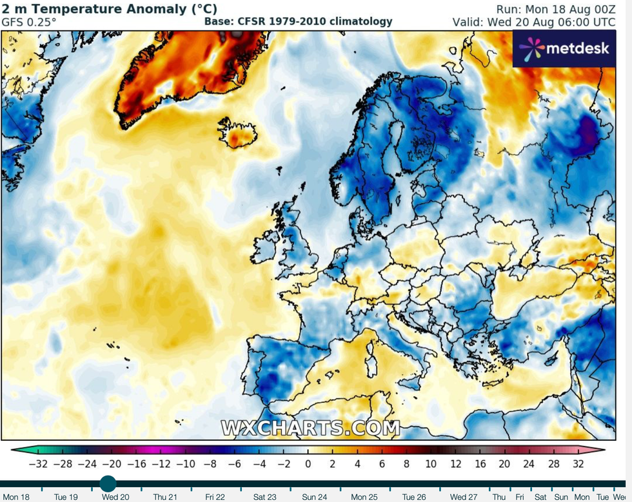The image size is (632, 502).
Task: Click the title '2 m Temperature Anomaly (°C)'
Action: pos(110,9)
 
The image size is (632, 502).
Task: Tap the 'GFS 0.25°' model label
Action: pos(28,22)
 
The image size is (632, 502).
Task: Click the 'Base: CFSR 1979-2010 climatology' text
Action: pos(298,21)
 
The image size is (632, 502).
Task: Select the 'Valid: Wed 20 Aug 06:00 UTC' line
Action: pos(542,22)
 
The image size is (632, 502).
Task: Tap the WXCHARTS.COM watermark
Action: pos(310,428)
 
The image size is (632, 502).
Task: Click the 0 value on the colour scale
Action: pos(308,463)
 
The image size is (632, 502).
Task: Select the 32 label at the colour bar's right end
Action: pos(577,463)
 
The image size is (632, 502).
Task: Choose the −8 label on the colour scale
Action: pos(210,463)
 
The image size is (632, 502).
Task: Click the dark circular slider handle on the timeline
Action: pos(108,483)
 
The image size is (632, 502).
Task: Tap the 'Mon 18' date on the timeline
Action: pos(15,497)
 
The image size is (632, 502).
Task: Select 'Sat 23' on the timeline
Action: pos(264,497)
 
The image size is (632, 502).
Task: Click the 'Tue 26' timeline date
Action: pos(413,497)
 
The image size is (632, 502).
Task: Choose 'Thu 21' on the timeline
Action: pos(165,497)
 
